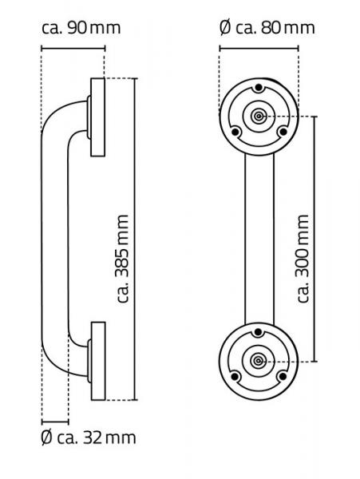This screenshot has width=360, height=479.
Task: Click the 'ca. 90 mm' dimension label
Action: (81, 28)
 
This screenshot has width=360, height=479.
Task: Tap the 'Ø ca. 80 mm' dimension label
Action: (267, 28)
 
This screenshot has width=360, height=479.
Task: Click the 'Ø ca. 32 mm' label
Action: (89, 437)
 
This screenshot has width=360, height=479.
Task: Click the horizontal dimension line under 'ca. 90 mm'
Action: (72, 49)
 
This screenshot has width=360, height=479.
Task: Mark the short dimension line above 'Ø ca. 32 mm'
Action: (56, 420)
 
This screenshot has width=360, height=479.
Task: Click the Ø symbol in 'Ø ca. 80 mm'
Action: (225, 28)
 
